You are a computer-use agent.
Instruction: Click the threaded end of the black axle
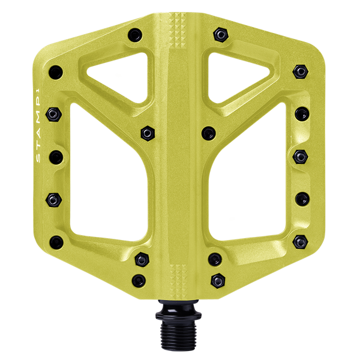179,334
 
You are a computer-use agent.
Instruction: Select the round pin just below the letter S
56,157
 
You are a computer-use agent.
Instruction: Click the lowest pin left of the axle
140,279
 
